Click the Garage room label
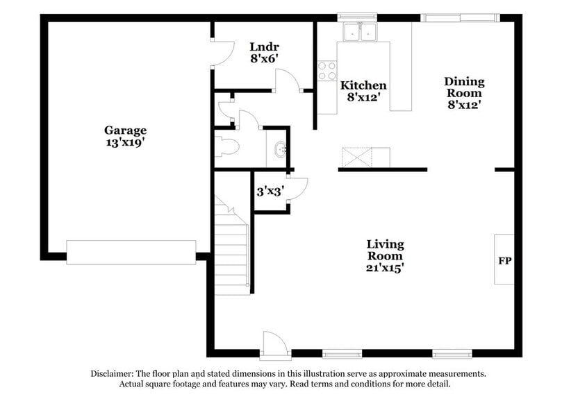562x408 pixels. pyautogui.click(x=125, y=130)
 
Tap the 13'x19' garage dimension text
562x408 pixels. pyautogui.click(x=125, y=142)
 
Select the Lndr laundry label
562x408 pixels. pyautogui.click(x=264, y=47)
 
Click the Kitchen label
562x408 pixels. pyautogui.click(x=363, y=85)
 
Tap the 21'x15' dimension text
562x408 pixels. pyautogui.click(x=385, y=266)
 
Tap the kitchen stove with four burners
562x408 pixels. pyautogui.click(x=327, y=71)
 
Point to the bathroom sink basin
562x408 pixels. pyautogui.click(x=279, y=149)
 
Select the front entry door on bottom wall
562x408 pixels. pyautogui.click(x=272, y=344)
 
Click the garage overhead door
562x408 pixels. pyautogui.click(x=131, y=252)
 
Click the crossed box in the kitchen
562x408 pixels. pyautogui.click(x=356, y=157)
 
